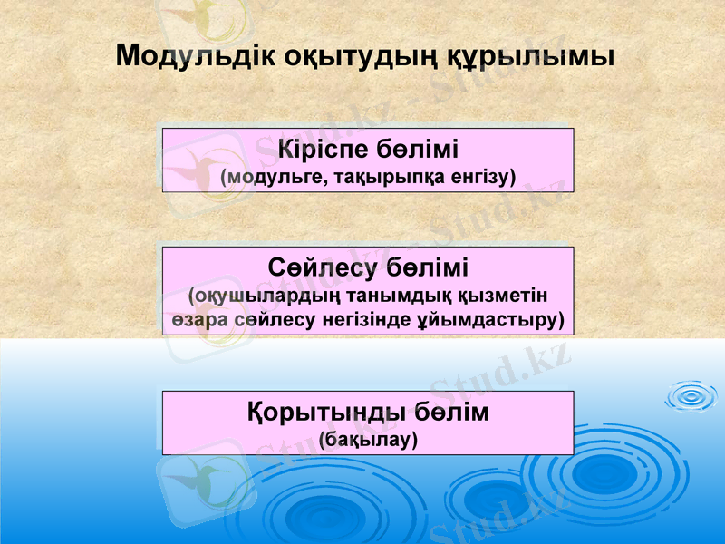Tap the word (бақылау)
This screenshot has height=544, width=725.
(369, 440)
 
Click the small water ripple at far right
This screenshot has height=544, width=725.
(691, 394)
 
